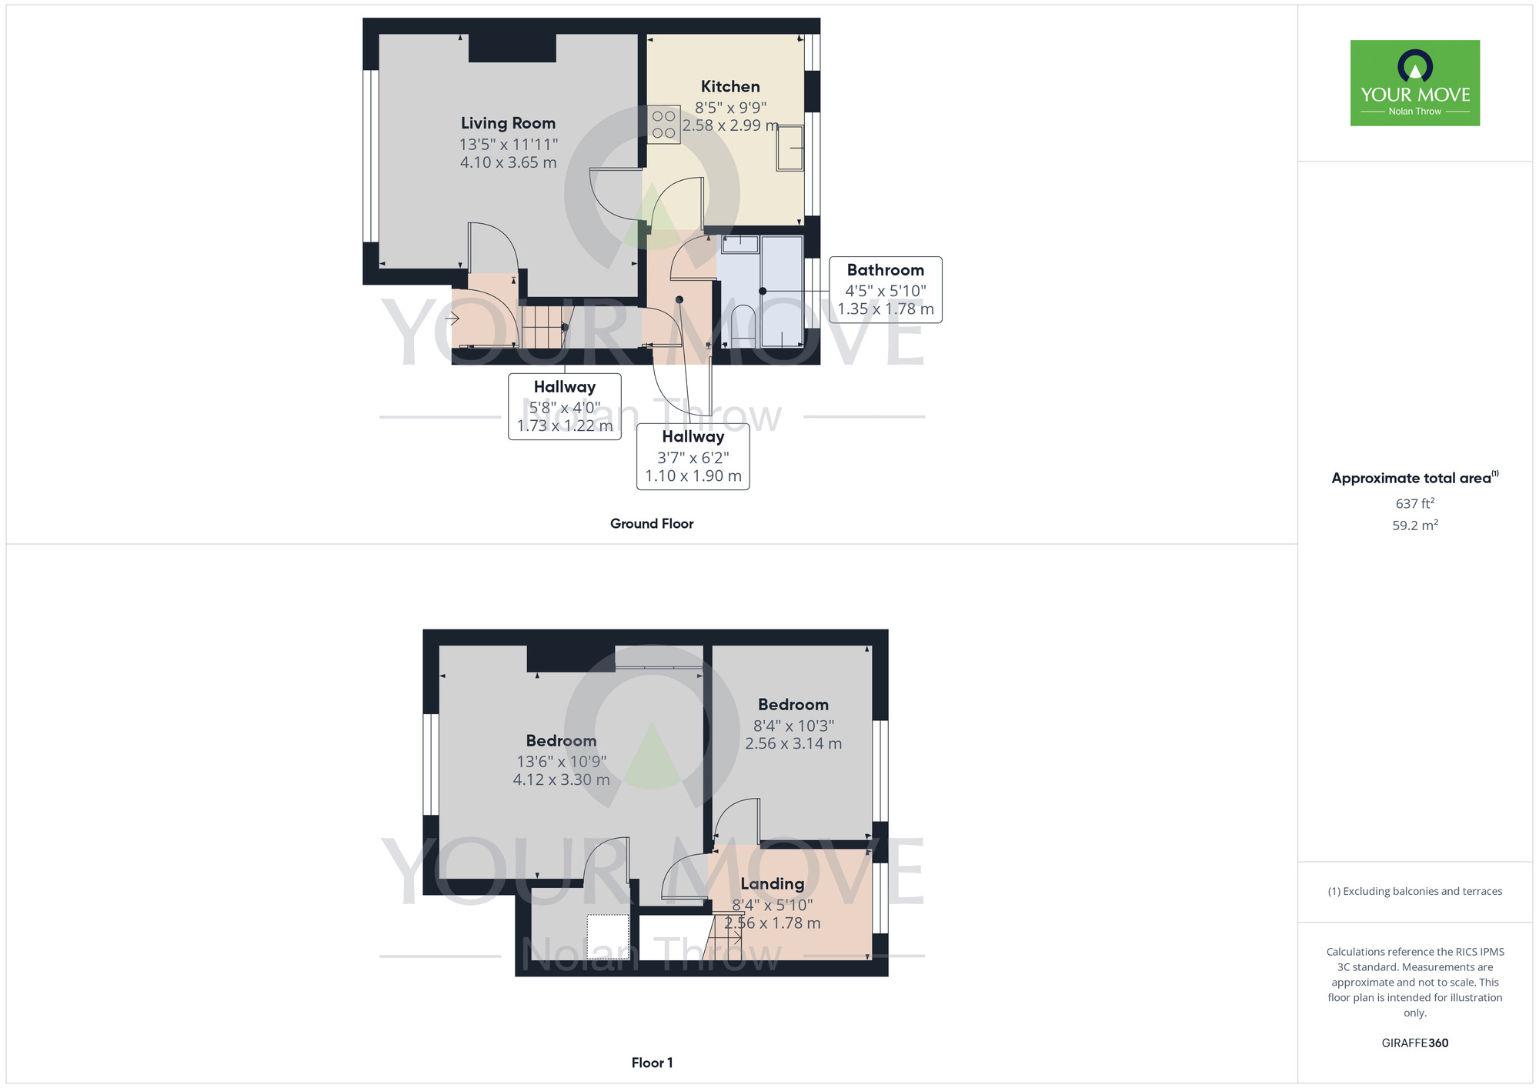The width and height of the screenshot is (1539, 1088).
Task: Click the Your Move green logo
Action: (1414, 83)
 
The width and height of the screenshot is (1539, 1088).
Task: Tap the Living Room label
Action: (508, 123)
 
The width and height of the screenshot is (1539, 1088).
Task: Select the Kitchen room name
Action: (729, 87)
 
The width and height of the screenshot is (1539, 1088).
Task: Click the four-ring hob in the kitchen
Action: (663, 125)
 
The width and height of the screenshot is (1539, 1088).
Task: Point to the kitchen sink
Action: (790, 148)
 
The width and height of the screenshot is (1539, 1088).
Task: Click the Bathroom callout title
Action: (885, 270)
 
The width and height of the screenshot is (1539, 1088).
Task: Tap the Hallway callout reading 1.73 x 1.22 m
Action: (564, 426)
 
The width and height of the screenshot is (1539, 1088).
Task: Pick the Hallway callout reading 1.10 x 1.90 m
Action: (693, 476)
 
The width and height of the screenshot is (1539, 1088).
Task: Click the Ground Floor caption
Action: (651, 523)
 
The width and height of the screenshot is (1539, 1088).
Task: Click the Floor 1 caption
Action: (651, 1063)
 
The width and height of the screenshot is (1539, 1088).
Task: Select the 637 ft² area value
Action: (1414, 503)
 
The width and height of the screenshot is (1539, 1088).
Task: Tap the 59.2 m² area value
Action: (1414, 526)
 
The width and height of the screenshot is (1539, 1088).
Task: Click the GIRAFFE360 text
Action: (1414, 1043)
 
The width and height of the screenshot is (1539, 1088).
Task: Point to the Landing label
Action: (772, 884)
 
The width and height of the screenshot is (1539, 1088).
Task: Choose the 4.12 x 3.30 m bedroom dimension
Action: (561, 779)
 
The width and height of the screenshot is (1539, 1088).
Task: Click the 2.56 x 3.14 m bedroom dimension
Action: (793, 743)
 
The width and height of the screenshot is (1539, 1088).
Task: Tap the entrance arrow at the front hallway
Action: (452, 318)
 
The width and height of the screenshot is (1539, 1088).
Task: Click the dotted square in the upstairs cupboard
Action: (608, 936)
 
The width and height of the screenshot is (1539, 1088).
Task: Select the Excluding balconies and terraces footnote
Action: (1414, 891)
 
